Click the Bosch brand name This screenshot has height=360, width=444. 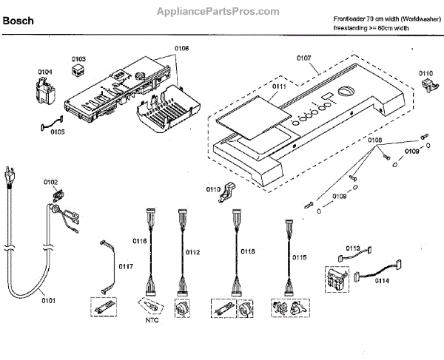[x=18, y=21]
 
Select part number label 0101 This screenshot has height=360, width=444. [x=50, y=300]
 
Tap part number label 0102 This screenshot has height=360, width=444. [x=50, y=182]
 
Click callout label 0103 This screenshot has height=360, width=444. [x=78, y=58]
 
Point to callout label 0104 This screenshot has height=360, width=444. [x=45, y=72]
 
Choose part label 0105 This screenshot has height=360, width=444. [x=57, y=132]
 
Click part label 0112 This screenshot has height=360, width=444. [x=193, y=252]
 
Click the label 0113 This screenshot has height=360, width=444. [x=353, y=249]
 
